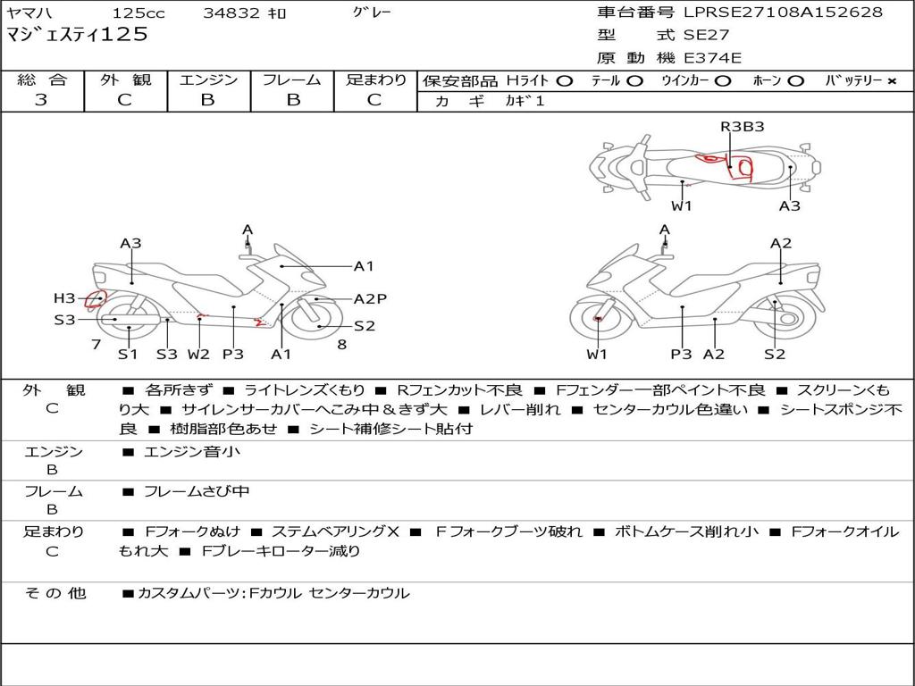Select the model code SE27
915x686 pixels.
(706, 35)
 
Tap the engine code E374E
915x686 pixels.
(712, 58)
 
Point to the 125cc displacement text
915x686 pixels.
(139, 13)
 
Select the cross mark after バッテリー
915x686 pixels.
(892, 81)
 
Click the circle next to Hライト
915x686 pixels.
(565, 81)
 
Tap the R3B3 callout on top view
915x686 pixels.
(743, 127)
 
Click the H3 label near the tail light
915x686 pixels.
(64, 298)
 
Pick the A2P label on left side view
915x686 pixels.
(370, 298)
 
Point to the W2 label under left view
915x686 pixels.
(198, 354)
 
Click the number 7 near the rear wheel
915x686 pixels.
(97, 345)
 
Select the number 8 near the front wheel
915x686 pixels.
(342, 345)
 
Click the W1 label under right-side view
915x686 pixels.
(596, 354)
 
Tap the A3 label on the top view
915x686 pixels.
(790, 206)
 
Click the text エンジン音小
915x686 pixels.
(191, 451)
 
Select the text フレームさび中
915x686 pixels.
(197, 491)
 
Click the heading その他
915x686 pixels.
(55, 593)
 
